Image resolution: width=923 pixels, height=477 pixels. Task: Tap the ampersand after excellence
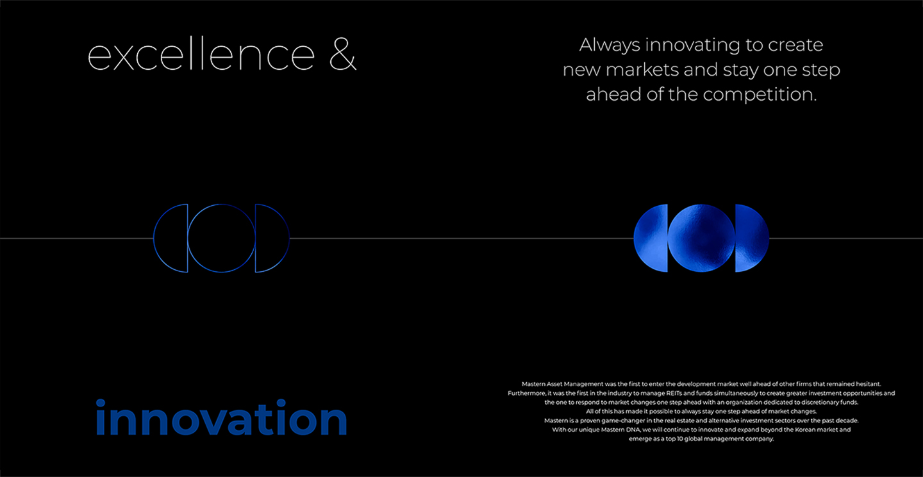[343, 54]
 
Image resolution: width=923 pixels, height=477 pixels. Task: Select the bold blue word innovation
[221, 417]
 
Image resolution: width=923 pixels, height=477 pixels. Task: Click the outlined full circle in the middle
[188, 238]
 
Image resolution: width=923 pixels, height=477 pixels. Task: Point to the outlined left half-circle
[154, 238]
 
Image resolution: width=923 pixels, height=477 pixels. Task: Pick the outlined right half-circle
[289, 238]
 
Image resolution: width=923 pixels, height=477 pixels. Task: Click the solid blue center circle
[701, 238]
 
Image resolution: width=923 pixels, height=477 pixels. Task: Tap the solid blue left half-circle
[651, 238]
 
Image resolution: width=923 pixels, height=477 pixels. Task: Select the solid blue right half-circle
[752, 238]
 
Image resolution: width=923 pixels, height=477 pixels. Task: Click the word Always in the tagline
[610, 46]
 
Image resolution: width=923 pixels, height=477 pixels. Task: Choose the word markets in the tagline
[642, 70]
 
